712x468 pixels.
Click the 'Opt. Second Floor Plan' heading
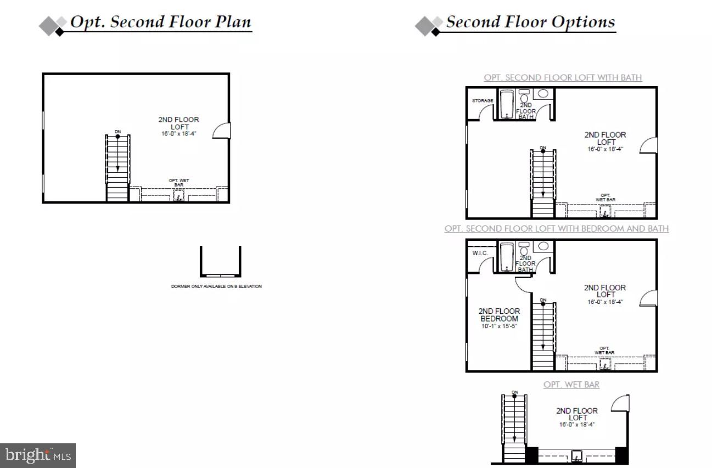[160, 22]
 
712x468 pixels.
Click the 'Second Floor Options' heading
[530, 22]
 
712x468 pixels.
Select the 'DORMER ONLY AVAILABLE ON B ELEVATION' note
[216, 286]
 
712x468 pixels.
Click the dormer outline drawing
[221, 262]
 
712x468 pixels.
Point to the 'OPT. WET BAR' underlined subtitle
[571, 385]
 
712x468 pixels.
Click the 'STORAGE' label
[483, 101]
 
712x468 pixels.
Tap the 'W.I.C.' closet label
[480, 253]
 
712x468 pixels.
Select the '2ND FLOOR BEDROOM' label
[499, 315]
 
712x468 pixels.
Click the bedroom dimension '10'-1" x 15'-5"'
[499, 326]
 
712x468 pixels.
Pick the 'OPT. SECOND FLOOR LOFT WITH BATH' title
[563, 77]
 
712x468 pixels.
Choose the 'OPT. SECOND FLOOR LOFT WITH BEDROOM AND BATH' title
[556, 228]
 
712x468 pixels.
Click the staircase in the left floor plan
[117, 167]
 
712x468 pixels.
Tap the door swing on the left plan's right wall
[221, 131]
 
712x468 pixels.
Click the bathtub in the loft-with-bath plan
[506, 104]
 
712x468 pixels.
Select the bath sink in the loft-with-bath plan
[543, 94]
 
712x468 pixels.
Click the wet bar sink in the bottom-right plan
[577, 455]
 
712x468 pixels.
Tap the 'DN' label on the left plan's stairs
[117, 132]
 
